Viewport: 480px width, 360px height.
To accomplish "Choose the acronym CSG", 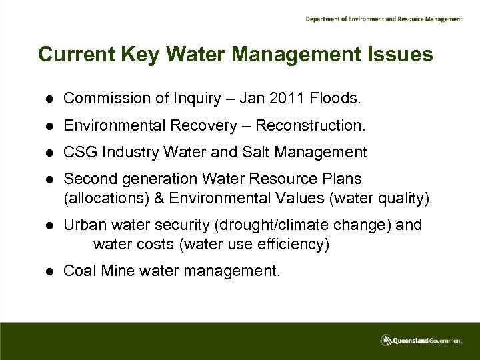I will tap(79, 153).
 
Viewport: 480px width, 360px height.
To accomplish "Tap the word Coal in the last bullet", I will tap(77, 271).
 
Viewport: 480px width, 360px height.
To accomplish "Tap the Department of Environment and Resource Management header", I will tap(383, 19).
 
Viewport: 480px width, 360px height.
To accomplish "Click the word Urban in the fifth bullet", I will tap(82, 225).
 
